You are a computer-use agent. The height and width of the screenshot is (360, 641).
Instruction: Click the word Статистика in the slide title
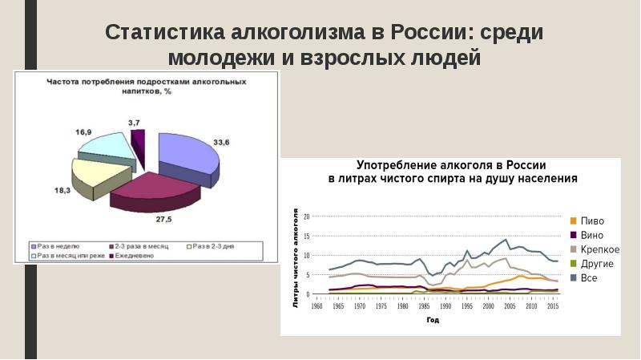(163, 34)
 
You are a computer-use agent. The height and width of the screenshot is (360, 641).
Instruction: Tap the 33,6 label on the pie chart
(222, 143)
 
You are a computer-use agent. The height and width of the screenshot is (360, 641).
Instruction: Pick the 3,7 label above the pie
(135, 122)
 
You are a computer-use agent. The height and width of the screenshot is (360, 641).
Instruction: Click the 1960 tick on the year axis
(316, 306)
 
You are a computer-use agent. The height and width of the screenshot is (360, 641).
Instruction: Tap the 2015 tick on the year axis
(553, 306)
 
